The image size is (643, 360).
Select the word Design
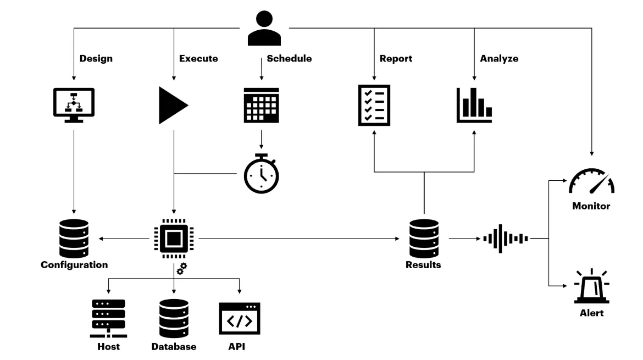click(96, 58)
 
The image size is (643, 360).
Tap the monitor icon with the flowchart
click(74, 104)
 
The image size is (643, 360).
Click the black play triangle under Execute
click(171, 104)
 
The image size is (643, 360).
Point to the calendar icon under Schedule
click(261, 104)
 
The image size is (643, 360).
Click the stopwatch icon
click(261, 174)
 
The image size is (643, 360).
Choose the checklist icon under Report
click(374, 104)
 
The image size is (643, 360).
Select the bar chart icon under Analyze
click(474, 104)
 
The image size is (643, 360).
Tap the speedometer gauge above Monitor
click(591, 181)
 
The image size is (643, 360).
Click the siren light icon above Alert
click(591, 287)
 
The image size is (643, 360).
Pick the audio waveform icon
click(505, 239)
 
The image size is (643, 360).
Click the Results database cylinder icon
click(424, 238)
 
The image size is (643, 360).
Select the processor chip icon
click(174, 239)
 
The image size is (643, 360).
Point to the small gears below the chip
click(181, 269)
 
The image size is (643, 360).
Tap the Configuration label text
click(74, 265)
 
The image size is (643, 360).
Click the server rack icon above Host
click(108, 318)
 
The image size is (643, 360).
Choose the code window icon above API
click(240, 318)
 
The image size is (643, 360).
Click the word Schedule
click(289, 58)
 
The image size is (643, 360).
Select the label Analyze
click(499, 58)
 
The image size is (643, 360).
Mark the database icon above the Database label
click(174, 318)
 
